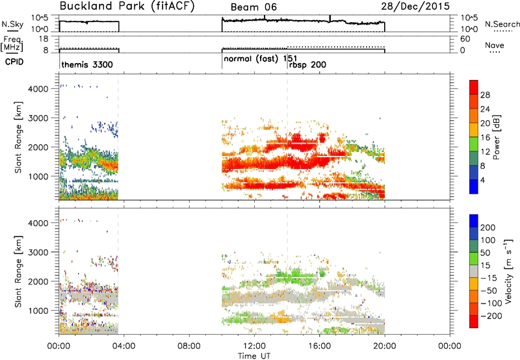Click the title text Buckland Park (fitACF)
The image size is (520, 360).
coord(127,6)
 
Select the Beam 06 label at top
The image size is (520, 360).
coord(253,7)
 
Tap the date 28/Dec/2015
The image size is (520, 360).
coord(415,6)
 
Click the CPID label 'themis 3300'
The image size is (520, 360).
coord(87,64)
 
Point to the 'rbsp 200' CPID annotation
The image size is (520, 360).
coord(307,64)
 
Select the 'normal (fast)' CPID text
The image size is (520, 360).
coord(251,59)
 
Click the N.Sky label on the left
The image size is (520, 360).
coord(12,24)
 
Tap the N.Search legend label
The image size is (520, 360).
coord(502,24)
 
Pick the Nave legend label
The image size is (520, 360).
coord(495,45)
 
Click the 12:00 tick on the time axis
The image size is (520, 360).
coord(254,346)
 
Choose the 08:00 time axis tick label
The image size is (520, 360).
coord(189,346)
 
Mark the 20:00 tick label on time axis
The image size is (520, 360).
coord(385,346)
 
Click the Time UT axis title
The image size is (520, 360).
coord(254,356)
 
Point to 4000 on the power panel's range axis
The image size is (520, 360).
coord(38,89)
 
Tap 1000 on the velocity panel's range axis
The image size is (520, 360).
coord(38,311)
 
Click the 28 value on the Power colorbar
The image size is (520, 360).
coord(485,95)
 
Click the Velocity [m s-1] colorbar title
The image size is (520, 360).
coord(508,271)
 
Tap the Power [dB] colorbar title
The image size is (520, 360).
coord(497,137)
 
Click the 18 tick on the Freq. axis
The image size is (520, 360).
coord(44,39)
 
